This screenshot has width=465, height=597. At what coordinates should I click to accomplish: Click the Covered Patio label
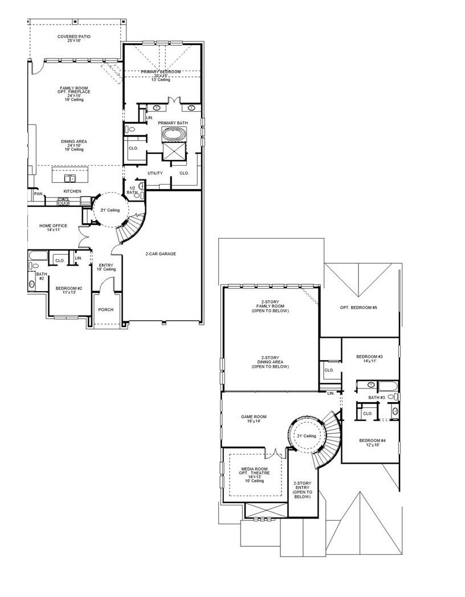point(74,39)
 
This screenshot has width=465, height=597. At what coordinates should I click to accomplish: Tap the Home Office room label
point(50,227)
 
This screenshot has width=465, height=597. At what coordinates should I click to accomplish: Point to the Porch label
point(105,309)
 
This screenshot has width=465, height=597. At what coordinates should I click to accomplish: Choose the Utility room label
point(154,173)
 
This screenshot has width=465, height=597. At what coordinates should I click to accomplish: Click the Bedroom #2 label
point(69,291)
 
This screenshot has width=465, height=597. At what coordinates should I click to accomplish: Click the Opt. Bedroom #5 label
point(358,308)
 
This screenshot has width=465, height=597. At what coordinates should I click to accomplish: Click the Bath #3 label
point(377,397)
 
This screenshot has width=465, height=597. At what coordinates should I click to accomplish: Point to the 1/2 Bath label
point(132,190)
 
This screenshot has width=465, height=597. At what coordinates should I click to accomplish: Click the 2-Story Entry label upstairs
point(302,489)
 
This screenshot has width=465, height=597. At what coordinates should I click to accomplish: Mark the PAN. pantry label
point(38,194)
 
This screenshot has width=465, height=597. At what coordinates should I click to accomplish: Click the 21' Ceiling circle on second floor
point(306,436)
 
